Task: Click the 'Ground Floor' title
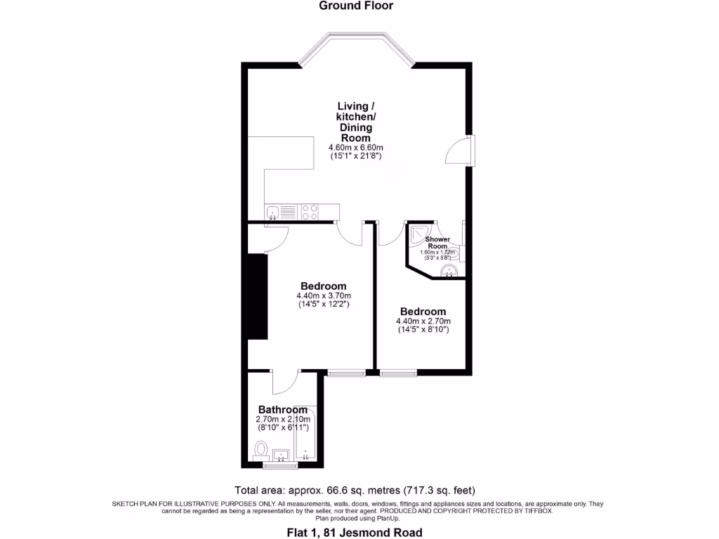[x=356, y=6]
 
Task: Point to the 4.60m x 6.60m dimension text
[x=356, y=148]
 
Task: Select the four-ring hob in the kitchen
[x=310, y=212]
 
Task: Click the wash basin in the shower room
[x=447, y=270]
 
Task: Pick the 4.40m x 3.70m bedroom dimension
[x=323, y=295]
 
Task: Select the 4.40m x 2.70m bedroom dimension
[x=422, y=321]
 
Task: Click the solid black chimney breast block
[x=257, y=298]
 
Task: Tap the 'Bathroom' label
[x=282, y=409]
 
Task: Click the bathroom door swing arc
[x=286, y=383]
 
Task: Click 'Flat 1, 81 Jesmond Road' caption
[x=359, y=532]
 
